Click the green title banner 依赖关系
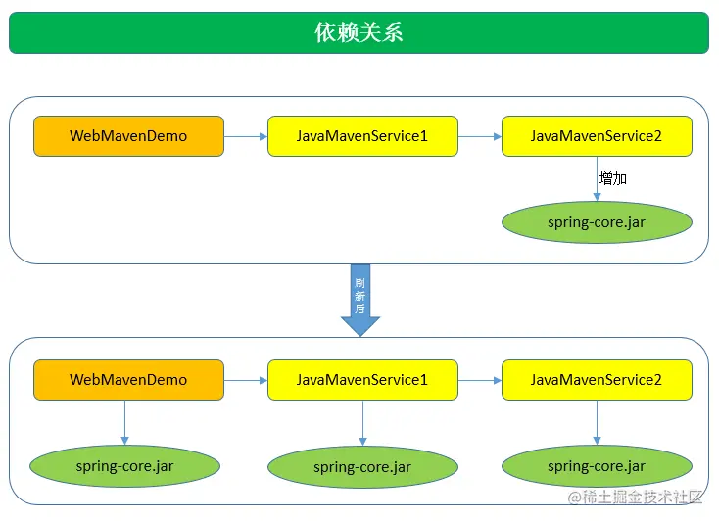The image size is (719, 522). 359,32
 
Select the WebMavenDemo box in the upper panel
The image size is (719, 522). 128,136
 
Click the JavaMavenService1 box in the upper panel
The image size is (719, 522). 362,136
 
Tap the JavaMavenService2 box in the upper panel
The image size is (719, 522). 597,136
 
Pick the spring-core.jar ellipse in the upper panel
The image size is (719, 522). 597,222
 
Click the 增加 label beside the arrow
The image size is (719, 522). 613,179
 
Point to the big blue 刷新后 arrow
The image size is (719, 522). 359,299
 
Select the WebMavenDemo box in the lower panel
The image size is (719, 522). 128,380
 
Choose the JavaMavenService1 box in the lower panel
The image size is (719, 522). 362,380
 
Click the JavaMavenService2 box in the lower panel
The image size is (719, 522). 597,380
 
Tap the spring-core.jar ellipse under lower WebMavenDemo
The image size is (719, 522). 125,466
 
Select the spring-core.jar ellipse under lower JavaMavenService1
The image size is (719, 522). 362,467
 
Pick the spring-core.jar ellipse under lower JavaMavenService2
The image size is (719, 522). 597,466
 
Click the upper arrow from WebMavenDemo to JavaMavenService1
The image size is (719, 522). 246,136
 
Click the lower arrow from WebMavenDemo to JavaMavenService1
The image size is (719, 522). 246,380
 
